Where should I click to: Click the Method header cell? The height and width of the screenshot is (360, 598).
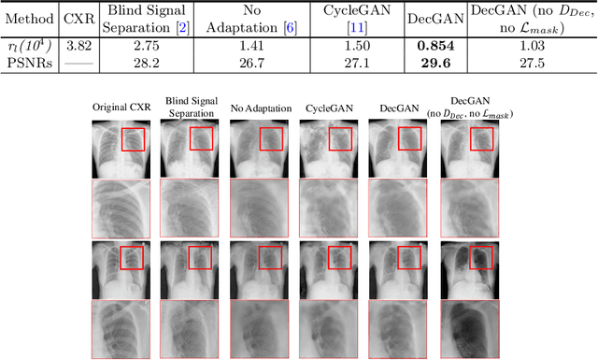pos(29,19)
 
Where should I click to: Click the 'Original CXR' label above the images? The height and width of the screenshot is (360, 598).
pos(122,108)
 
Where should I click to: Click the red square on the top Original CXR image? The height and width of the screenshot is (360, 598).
pos(133,138)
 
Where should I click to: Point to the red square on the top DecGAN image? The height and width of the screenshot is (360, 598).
pos(410,138)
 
